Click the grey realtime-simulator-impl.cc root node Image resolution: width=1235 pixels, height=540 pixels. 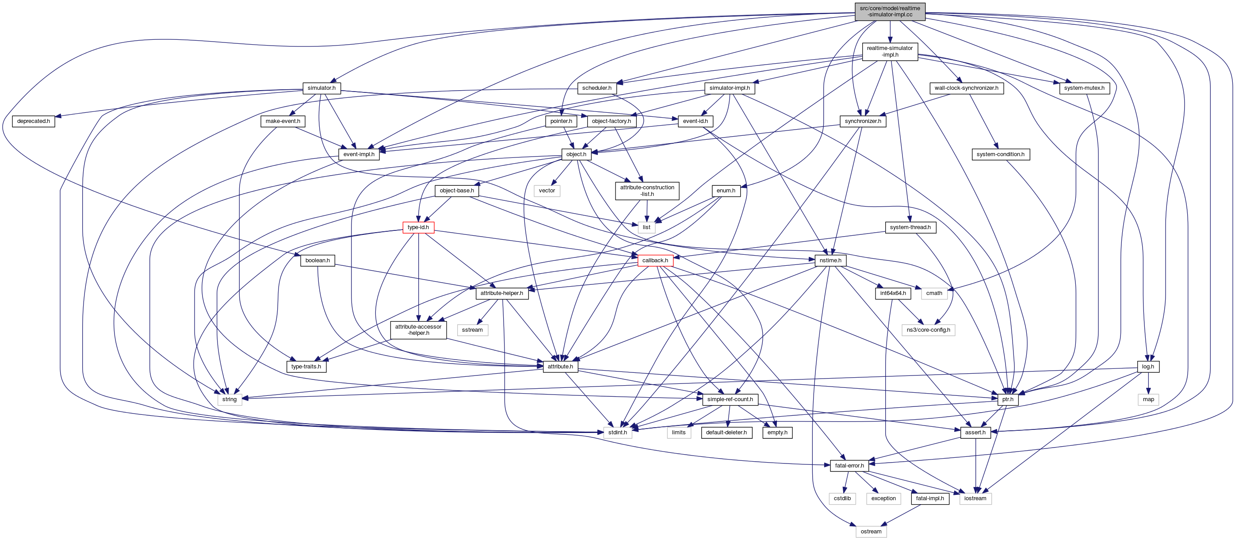[889, 11]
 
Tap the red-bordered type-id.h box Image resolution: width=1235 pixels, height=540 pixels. [418, 227]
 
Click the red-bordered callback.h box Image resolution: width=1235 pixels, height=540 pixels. [655, 260]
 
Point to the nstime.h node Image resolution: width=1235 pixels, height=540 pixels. [830, 260]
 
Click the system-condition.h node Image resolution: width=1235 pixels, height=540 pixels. [1000, 154]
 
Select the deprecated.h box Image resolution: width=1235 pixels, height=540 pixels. [33, 121]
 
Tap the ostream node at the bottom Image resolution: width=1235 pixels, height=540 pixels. [871, 531]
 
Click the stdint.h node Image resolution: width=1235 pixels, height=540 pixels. [617, 433]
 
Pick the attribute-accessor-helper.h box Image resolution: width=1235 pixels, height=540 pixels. [418, 330]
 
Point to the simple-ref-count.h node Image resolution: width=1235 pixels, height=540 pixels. [730, 399]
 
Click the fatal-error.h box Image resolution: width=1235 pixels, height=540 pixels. [849, 466]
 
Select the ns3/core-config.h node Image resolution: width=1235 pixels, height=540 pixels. [928, 330]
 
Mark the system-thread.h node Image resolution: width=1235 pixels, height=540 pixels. [910, 227]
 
